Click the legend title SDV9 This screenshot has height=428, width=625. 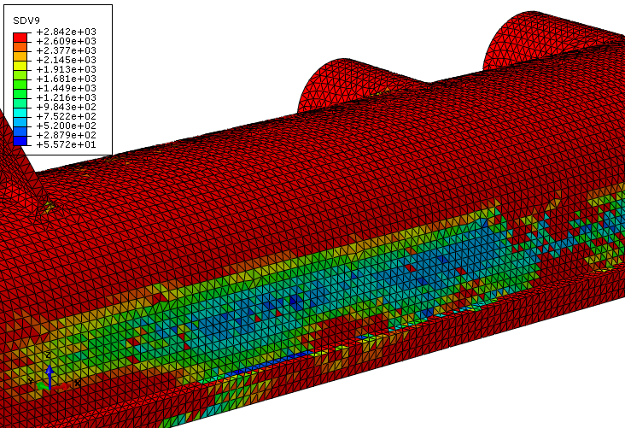coord(26,21)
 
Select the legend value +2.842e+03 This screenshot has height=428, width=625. coord(66,32)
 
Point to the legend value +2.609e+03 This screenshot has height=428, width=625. coord(66,41)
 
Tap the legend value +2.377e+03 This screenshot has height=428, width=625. coord(66,50)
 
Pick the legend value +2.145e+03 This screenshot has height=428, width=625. coord(66,60)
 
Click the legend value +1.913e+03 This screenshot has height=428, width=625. coord(66,69)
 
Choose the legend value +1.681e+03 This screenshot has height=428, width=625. coord(66,79)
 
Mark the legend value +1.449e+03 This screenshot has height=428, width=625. coord(66,88)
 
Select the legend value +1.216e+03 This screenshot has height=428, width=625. coord(66,97)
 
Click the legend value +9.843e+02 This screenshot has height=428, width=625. coord(66,107)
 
